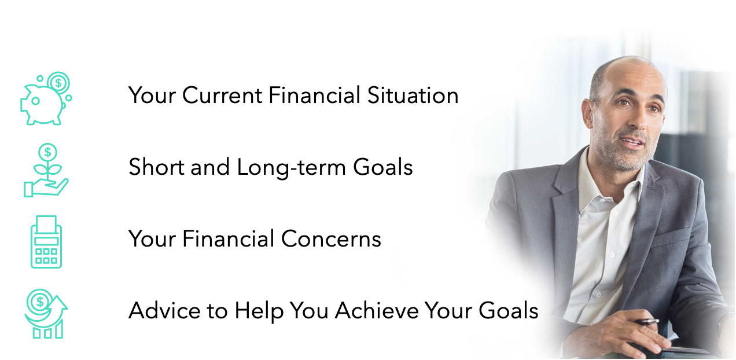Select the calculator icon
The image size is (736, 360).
click(x=46, y=242)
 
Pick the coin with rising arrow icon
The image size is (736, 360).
click(x=46, y=314)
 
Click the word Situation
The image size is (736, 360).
click(x=413, y=95)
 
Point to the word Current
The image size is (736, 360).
click(x=222, y=95)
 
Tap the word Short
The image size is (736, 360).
click(x=156, y=167)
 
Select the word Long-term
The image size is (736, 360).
click(x=291, y=167)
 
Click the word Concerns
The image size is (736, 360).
click(x=331, y=238)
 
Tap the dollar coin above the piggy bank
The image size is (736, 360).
click(x=58, y=83)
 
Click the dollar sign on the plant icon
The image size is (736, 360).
click(x=47, y=152)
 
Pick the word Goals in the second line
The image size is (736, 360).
click(x=383, y=167)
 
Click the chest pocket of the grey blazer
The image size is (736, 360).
click(x=670, y=237)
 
